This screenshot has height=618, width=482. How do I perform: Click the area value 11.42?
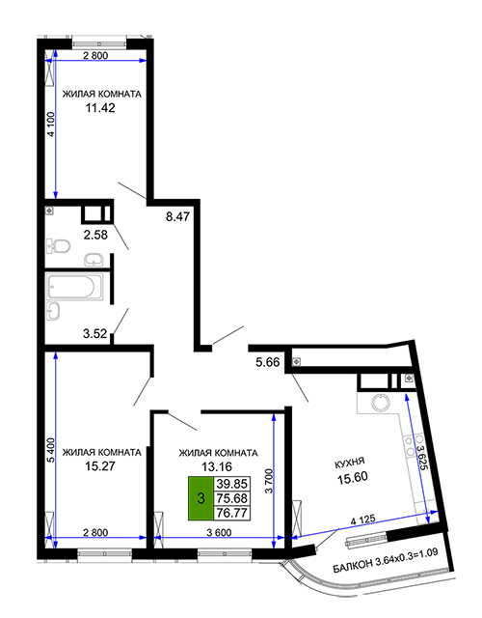(100, 107)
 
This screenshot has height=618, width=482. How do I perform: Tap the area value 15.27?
(100, 466)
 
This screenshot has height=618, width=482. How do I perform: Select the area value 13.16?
(217, 466)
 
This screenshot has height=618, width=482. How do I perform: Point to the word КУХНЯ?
(349, 463)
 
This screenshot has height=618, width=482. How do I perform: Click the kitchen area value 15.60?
(353, 478)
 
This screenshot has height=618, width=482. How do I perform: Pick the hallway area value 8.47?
(177, 216)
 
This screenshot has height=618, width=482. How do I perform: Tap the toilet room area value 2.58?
(95, 235)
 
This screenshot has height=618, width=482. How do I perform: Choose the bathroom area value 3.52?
(94, 333)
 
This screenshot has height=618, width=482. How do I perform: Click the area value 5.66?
(268, 362)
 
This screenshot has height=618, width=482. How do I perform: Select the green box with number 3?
(201, 498)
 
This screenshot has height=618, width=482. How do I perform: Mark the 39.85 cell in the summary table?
(231, 483)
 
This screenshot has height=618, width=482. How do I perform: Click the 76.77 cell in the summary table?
(231, 513)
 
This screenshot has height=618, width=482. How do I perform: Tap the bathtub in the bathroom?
(74, 286)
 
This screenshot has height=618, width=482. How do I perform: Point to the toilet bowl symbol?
(58, 246)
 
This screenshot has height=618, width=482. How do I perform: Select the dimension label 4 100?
(51, 125)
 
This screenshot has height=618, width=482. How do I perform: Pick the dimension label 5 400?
(51, 450)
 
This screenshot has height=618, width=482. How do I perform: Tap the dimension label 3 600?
(219, 532)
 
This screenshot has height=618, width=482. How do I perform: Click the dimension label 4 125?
(362, 520)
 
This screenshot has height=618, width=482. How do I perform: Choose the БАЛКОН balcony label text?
(352, 566)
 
